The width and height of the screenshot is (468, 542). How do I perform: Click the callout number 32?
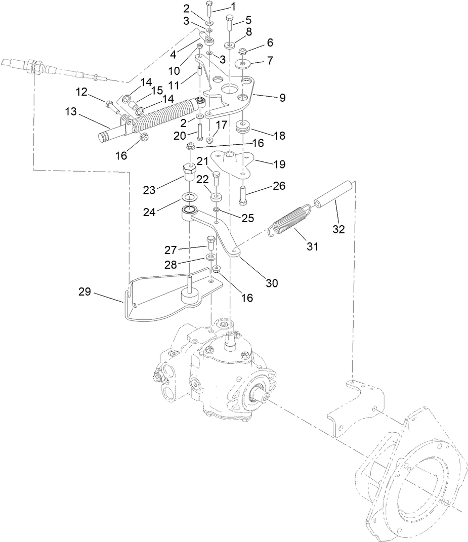[338, 229]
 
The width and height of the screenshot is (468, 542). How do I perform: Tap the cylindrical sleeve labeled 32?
[332, 197]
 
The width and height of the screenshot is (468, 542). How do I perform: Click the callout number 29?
[86, 291]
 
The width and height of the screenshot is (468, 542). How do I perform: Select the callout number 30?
[272, 283]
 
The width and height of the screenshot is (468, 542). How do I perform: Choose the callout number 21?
[203, 161]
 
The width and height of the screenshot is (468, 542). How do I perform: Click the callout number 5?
[248, 21]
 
